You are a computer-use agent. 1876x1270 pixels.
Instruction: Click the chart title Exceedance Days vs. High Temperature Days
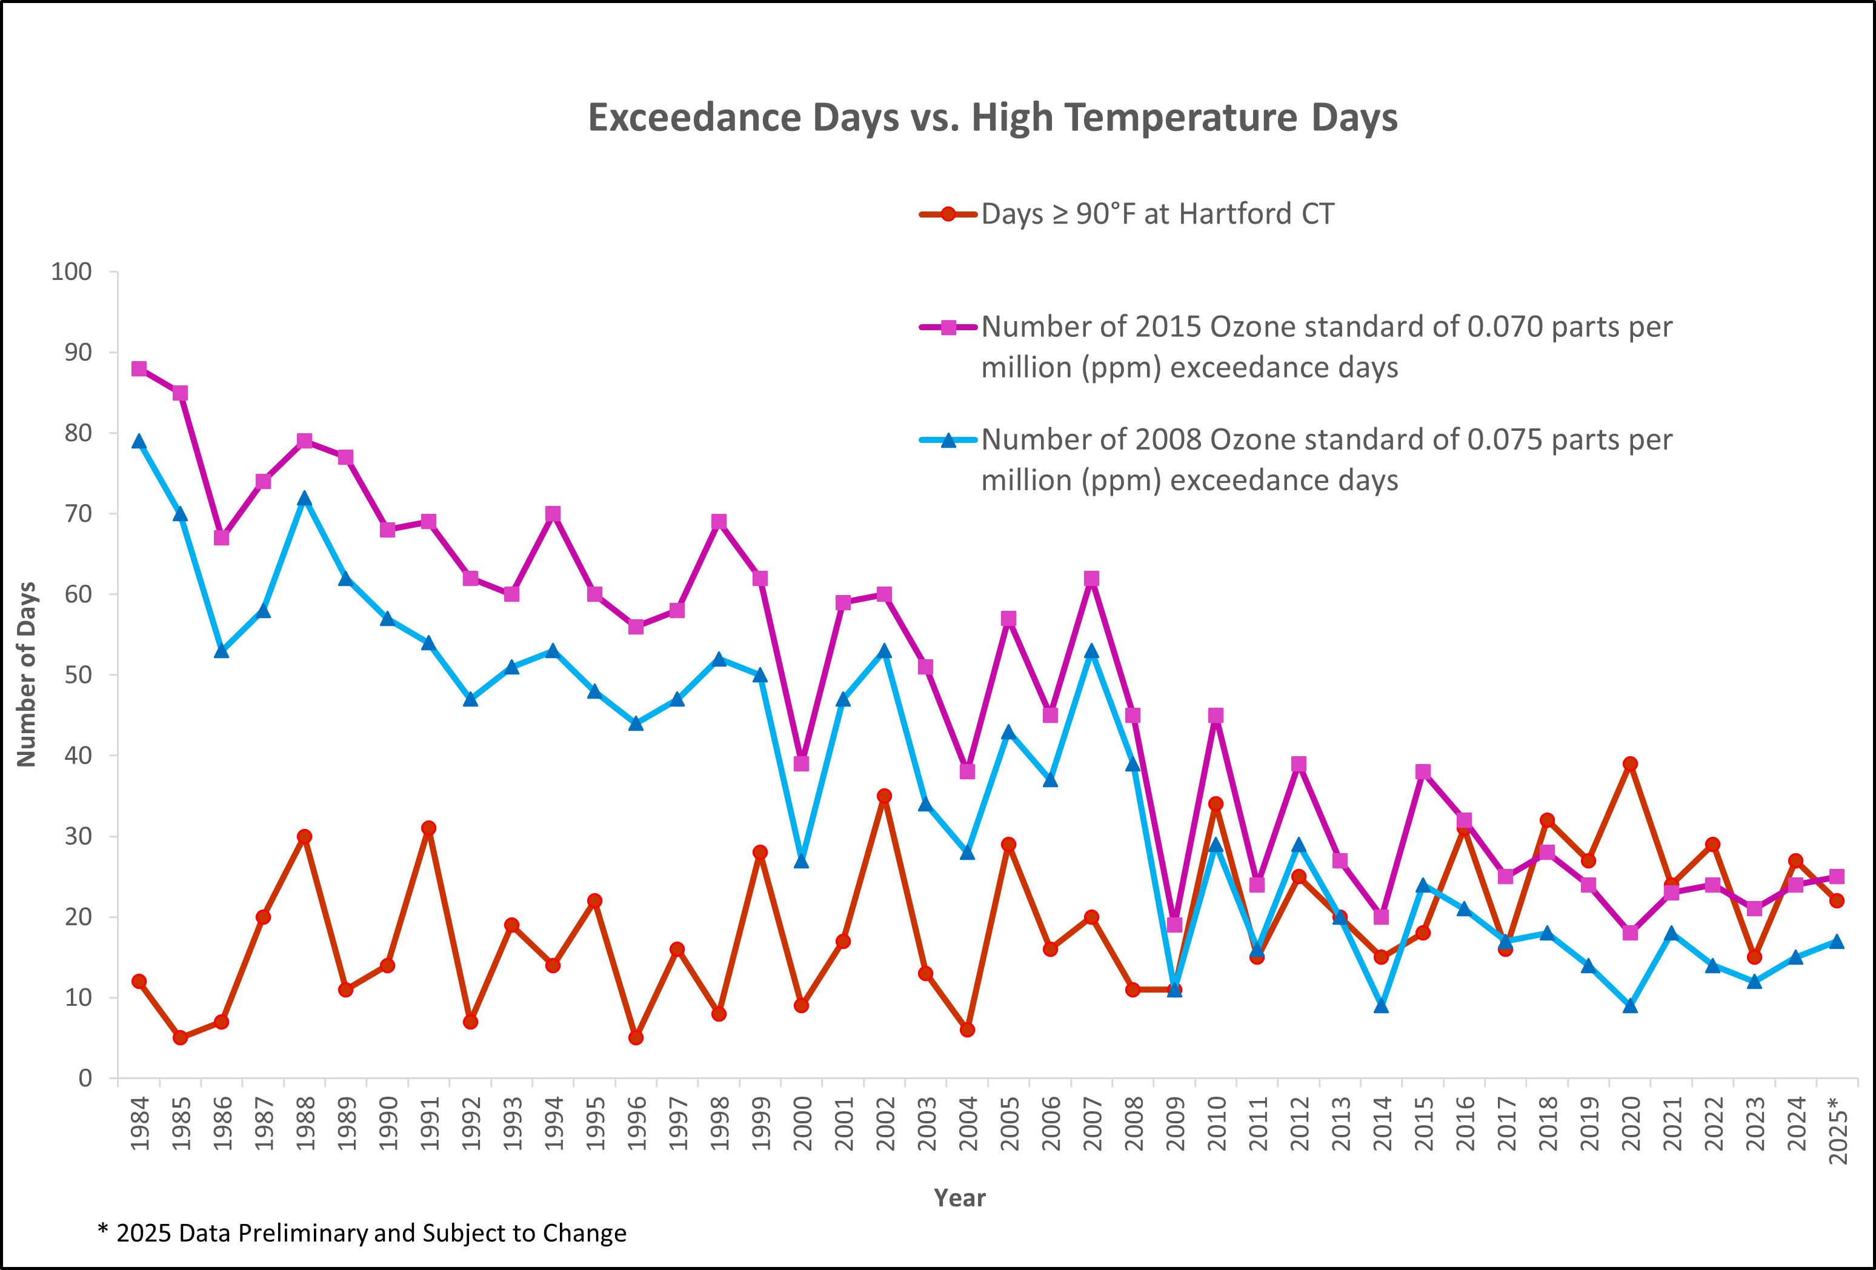point(992,118)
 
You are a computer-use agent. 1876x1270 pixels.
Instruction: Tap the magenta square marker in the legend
point(948,327)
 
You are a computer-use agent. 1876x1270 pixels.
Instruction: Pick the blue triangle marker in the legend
point(948,440)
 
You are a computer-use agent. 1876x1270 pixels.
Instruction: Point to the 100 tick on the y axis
point(72,271)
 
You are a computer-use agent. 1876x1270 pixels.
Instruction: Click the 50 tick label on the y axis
point(78,675)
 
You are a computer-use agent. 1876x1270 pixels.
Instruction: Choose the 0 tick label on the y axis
point(85,1078)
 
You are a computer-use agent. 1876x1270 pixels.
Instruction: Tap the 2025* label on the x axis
point(1837,1129)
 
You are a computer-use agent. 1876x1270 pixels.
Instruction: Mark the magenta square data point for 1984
point(139,369)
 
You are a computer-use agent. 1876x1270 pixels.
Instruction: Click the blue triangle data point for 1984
point(139,442)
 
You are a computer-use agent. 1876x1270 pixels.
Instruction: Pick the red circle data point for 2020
point(1630,764)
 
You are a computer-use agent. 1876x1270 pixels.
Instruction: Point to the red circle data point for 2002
point(884,796)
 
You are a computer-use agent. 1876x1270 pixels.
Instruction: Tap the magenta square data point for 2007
point(1091,579)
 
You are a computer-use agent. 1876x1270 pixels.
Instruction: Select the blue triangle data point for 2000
point(802,860)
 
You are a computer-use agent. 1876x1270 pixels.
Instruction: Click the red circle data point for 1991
point(428,828)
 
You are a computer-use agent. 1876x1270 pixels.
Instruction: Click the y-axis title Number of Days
point(27,674)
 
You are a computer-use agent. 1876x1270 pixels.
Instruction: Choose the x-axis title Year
point(960,1198)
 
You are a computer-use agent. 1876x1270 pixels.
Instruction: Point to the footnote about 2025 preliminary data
point(362,1233)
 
